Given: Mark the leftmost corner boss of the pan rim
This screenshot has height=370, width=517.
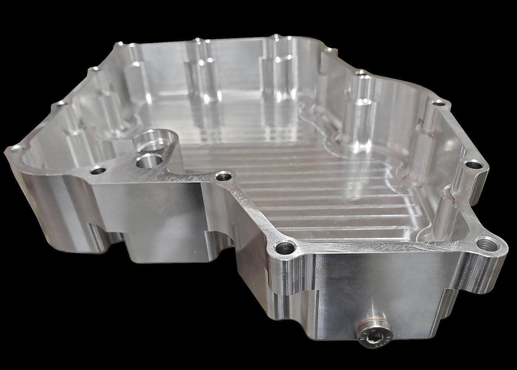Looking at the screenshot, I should pyautogui.click(x=15, y=150).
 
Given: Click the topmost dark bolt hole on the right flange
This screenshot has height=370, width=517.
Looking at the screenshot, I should pyautogui.click(x=439, y=103).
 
